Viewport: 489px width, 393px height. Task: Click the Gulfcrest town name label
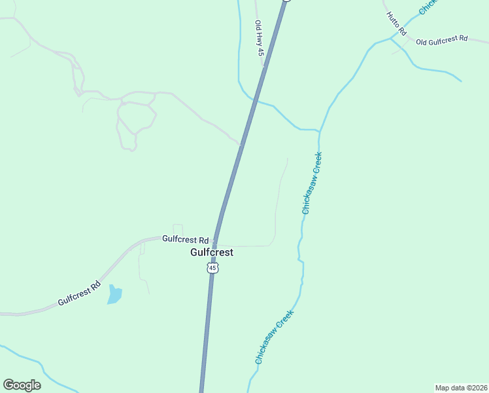pyautogui.click(x=211, y=252)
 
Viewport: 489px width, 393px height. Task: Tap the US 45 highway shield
pyautogui.click(x=211, y=268)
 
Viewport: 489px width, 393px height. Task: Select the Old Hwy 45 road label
pyautogui.click(x=260, y=37)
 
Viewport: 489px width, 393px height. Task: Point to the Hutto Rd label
pyautogui.click(x=396, y=24)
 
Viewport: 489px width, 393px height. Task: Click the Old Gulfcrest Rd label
pyautogui.click(x=442, y=41)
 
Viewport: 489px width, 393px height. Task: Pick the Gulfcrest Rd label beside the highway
pyautogui.click(x=185, y=240)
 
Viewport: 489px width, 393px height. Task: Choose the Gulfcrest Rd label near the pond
pyautogui.click(x=80, y=293)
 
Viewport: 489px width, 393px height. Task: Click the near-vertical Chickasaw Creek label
pyautogui.click(x=312, y=183)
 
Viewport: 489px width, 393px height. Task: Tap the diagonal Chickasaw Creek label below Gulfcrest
pyautogui.click(x=275, y=337)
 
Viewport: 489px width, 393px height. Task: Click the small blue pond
pyautogui.click(x=114, y=294)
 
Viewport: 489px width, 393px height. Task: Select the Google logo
pyautogui.click(x=22, y=385)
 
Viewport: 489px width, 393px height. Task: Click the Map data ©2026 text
pyautogui.click(x=462, y=388)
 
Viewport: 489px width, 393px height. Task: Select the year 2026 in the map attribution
pyautogui.click(x=479, y=388)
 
